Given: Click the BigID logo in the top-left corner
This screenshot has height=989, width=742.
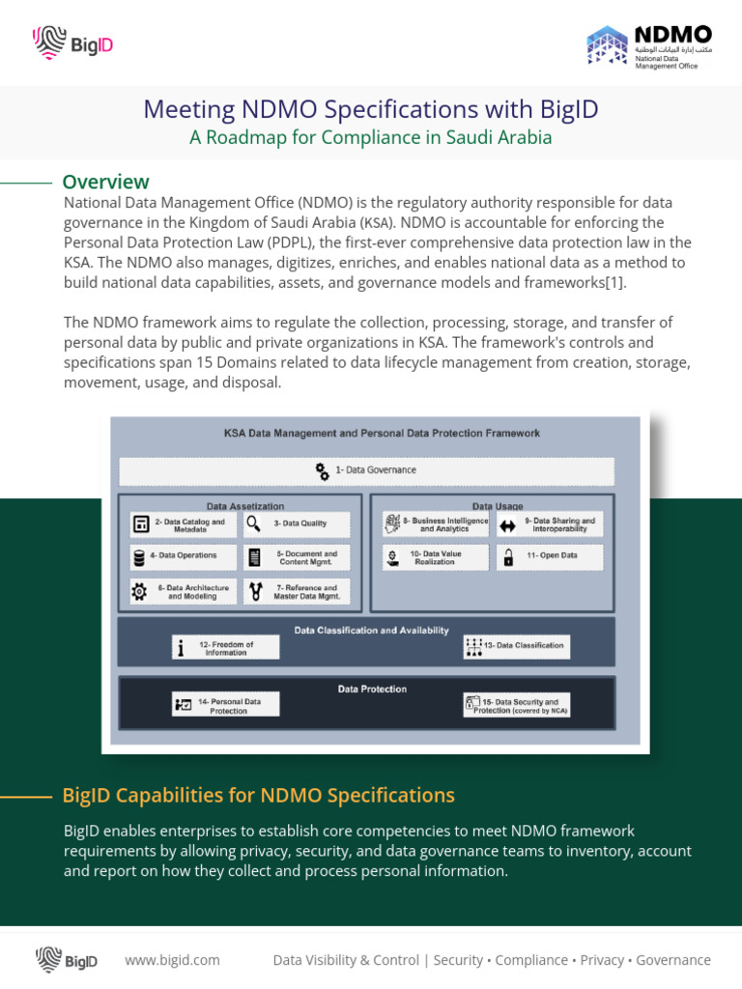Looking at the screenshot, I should [x=73, y=42].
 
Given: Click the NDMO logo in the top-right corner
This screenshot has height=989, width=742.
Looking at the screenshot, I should [x=649, y=46].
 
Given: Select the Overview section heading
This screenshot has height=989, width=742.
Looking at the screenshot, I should [x=105, y=182].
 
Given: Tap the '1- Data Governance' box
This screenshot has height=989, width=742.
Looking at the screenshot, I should [x=366, y=470].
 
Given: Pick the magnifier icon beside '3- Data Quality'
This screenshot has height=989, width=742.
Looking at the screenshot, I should [x=253, y=523].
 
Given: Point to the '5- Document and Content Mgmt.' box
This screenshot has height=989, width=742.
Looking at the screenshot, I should [x=296, y=556].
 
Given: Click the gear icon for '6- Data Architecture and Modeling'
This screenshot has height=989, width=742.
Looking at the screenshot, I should [x=140, y=592].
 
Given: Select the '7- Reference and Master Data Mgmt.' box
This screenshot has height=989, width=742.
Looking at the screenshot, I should [x=296, y=592].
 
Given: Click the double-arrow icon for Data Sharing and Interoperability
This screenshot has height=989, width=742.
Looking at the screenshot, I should [x=508, y=526].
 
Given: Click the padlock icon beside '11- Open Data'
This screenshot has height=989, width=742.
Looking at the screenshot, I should [x=508, y=557].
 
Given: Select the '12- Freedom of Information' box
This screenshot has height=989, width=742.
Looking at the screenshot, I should [x=225, y=648].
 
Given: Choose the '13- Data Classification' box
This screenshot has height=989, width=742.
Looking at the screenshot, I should [x=516, y=646].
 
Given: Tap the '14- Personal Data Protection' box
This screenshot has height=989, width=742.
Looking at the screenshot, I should [x=225, y=705].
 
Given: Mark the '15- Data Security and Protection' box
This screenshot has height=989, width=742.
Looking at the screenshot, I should [x=516, y=705].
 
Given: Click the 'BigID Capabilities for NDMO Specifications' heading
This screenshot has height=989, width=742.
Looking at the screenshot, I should [x=258, y=796].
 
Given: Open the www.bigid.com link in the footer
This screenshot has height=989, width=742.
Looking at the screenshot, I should [x=172, y=960].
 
